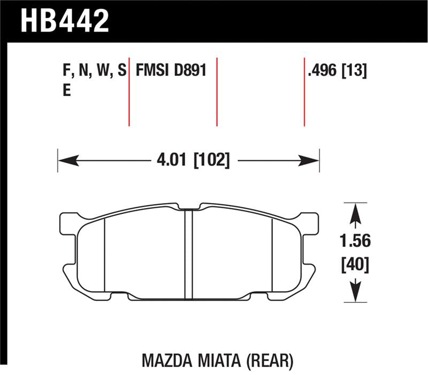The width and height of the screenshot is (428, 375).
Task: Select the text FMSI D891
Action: coord(171,71)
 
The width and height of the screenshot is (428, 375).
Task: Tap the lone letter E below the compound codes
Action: coord(67,91)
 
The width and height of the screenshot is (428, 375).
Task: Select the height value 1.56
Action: coord(355,241)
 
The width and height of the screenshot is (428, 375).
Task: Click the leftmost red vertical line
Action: coord(129,91)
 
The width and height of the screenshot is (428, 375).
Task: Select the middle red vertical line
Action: coord(217,91)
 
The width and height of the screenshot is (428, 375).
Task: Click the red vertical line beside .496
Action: coord(304,91)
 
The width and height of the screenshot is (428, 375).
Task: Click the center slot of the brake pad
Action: coord(188,254)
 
